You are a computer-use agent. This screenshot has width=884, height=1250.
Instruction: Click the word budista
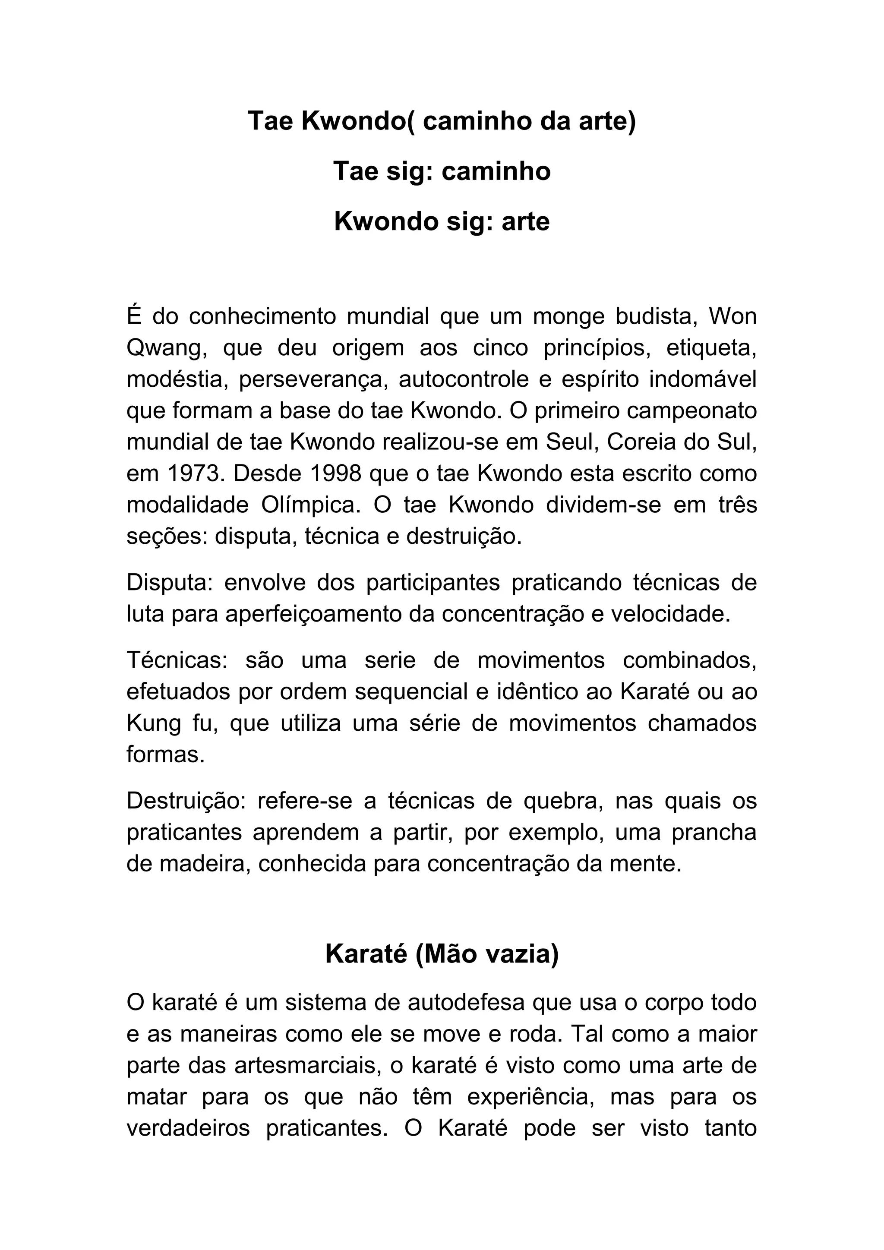(657, 316)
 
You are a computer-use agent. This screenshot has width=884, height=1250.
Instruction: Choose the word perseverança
(313, 379)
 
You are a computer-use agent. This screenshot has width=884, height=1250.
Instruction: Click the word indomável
(703, 379)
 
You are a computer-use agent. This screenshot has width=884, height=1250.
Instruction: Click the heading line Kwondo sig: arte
(442, 221)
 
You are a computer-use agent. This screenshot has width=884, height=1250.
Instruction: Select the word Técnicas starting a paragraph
(177, 660)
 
